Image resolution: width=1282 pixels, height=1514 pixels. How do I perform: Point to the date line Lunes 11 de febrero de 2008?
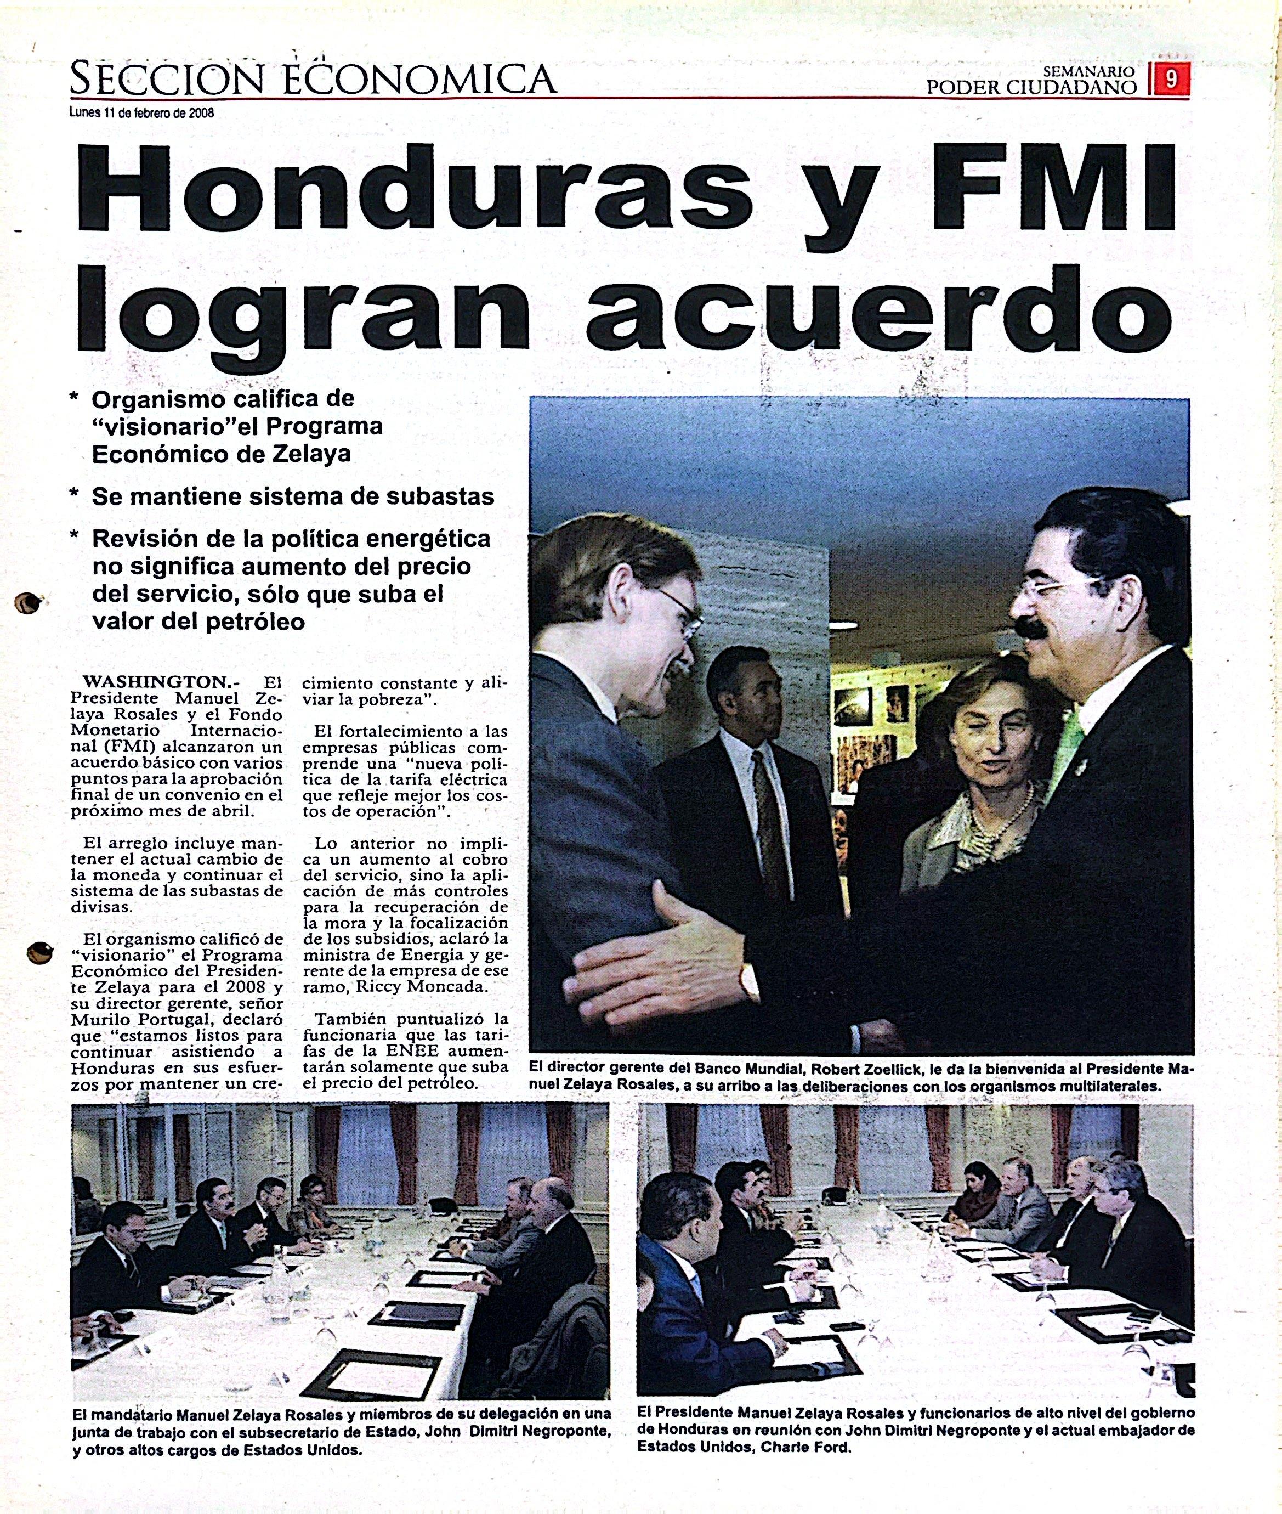[x=141, y=112]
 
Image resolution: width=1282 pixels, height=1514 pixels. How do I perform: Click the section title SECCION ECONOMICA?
[x=313, y=78]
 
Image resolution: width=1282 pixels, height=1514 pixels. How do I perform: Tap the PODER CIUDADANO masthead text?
[x=1031, y=88]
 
